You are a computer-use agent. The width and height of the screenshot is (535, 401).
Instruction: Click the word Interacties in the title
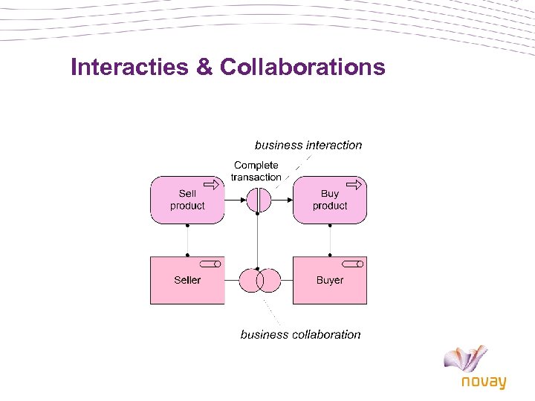(x=129, y=68)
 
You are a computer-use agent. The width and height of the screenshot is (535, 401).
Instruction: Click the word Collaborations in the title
(x=302, y=68)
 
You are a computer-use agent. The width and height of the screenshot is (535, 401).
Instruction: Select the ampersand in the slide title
(x=204, y=68)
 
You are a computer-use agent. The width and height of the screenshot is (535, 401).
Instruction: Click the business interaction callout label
(x=308, y=146)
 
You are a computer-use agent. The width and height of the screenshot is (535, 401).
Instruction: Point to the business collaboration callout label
(x=300, y=335)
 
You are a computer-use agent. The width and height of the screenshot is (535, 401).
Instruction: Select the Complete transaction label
(x=256, y=172)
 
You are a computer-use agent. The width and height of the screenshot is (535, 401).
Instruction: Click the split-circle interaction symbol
(x=259, y=200)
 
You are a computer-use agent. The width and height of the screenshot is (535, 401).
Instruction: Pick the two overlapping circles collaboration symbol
(x=259, y=280)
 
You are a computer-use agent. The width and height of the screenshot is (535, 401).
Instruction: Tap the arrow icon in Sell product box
(x=213, y=184)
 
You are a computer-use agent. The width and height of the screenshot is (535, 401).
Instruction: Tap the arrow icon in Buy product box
(x=356, y=184)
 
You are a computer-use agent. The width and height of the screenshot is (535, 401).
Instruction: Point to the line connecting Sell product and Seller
(x=187, y=239)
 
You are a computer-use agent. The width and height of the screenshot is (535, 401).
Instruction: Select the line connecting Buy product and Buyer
(x=330, y=239)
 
